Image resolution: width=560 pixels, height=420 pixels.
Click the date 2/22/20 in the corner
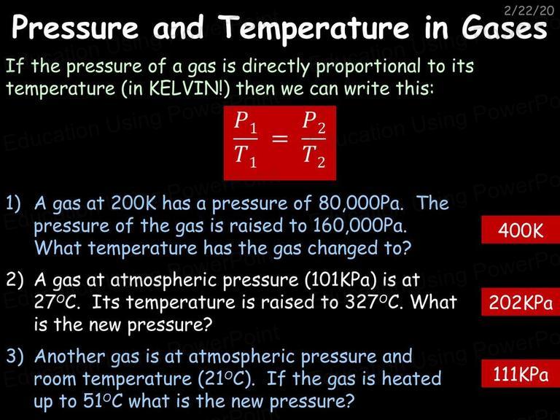[x=529, y=10]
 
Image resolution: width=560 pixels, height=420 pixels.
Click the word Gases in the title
[x=505, y=27]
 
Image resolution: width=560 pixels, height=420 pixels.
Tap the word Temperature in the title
[x=314, y=28]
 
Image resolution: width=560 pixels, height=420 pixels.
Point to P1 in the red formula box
[x=246, y=122]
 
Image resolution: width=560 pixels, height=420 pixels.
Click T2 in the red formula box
[x=314, y=156]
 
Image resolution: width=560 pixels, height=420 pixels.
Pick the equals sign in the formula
[x=280, y=139]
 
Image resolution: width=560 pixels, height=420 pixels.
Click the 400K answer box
[x=521, y=230]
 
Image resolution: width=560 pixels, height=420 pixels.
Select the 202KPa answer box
[x=521, y=302]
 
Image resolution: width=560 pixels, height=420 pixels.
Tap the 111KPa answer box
[x=521, y=374]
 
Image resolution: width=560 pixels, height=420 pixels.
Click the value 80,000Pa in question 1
[x=361, y=203]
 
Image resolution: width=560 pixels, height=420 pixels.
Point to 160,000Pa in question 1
[x=359, y=225]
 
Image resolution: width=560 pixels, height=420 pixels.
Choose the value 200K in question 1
[x=133, y=203]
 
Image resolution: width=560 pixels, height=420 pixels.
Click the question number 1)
[x=14, y=203]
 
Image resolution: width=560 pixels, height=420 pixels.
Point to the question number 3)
[x=15, y=357]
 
